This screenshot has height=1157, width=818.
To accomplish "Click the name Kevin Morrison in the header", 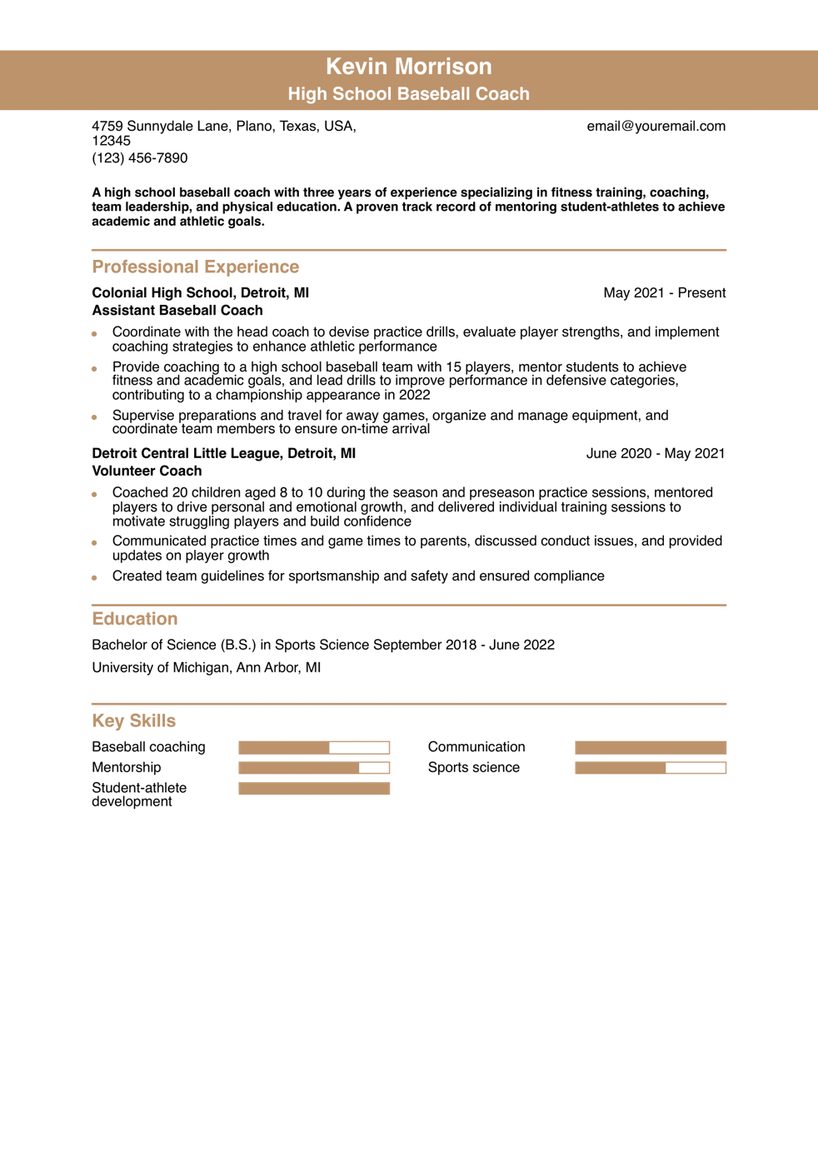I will tap(408, 67).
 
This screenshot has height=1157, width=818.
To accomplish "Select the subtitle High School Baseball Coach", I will tap(408, 94).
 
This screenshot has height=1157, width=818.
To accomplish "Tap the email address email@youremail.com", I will tap(656, 127).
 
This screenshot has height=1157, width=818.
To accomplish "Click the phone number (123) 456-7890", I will tap(140, 158).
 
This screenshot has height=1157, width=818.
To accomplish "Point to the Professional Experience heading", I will tap(196, 267).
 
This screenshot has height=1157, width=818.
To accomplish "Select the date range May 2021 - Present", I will tap(664, 293).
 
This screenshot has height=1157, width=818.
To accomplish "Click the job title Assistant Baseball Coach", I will tap(177, 311).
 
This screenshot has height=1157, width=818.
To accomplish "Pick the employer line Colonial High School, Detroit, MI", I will tap(200, 293).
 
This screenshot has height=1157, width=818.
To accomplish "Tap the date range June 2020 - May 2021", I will tap(655, 454).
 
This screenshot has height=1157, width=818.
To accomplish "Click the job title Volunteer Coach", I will tap(147, 471).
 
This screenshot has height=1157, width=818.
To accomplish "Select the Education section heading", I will tap(135, 619).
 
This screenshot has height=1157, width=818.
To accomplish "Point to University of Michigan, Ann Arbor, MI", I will tap(206, 668).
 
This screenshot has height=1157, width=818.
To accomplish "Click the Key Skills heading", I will tap(134, 721).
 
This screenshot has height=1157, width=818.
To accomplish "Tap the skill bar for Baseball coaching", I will tap(314, 748).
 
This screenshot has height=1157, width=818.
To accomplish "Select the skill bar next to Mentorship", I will tap(314, 768).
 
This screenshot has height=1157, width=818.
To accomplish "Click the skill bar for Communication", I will tap(651, 748).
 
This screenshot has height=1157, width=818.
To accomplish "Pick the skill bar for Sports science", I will tap(651, 768).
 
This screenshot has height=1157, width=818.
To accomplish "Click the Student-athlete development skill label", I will tap(139, 795).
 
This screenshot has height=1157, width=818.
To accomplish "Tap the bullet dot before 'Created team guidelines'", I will tap(95, 577).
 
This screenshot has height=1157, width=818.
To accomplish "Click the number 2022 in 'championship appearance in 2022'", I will tap(415, 396).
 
